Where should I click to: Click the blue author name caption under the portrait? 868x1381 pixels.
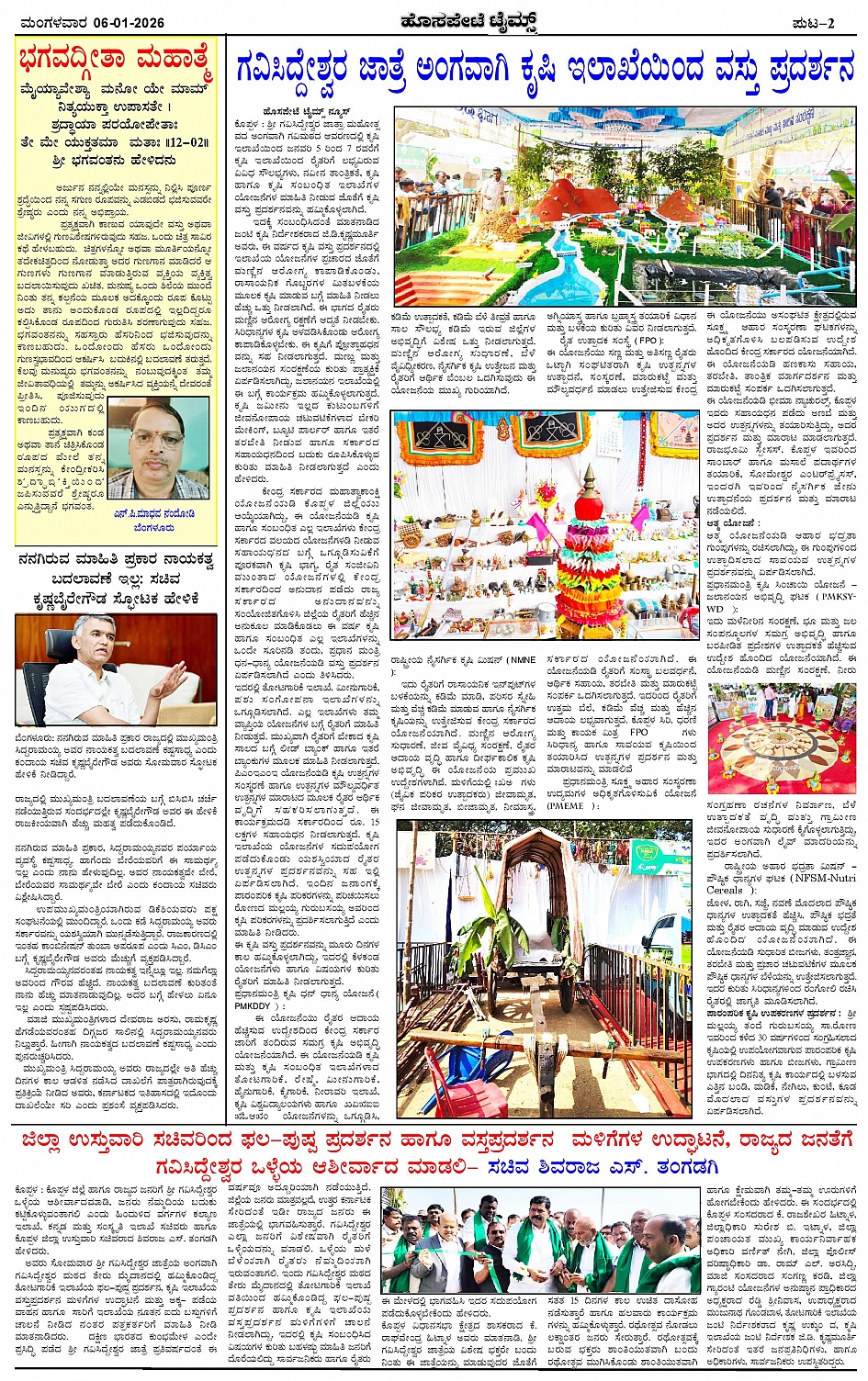[153, 514]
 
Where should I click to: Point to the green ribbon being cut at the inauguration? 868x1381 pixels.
[478, 1249]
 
